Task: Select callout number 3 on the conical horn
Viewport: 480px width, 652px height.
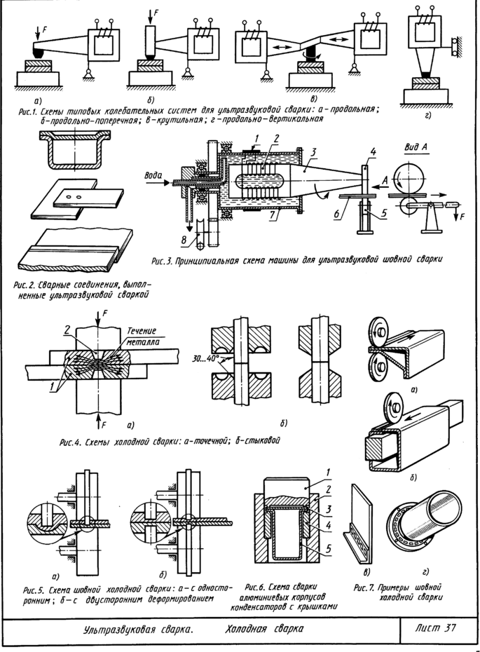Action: [315, 151]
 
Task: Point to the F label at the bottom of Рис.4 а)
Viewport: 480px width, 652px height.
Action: [103, 425]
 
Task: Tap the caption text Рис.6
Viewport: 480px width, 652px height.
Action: [259, 586]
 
